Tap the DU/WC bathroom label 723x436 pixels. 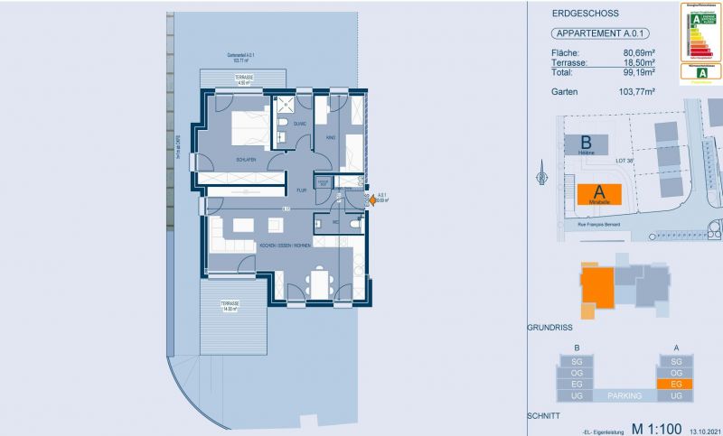click(299, 124)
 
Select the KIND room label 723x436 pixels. click(331, 138)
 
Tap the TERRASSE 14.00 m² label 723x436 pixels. click(232, 307)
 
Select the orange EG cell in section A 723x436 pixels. click(675, 384)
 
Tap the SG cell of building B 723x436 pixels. click(576, 360)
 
